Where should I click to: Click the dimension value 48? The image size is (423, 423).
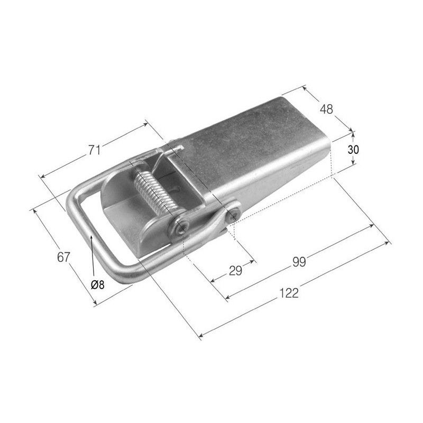click(326, 109)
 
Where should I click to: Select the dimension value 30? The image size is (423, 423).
click(353, 150)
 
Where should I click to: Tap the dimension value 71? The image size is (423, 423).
click(95, 150)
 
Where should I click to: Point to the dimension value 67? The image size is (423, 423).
click(63, 257)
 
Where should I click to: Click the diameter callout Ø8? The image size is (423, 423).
click(97, 284)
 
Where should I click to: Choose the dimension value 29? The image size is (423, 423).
click(235, 271)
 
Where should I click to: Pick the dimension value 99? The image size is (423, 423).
click(299, 262)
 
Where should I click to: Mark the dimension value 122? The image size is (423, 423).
click(289, 293)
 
